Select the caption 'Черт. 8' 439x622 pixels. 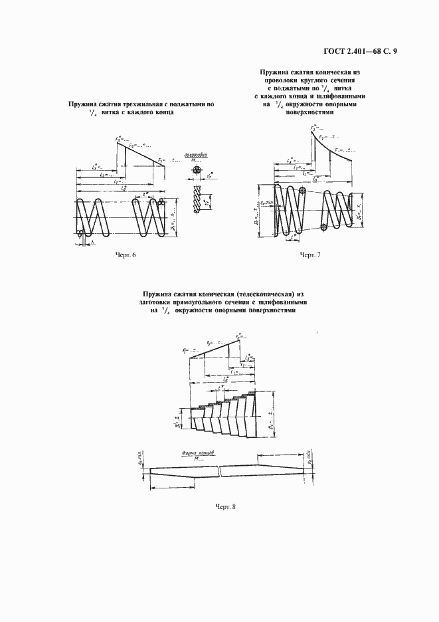[226, 507]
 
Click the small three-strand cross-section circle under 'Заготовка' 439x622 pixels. [197, 171]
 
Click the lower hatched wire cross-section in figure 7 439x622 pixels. [323, 227]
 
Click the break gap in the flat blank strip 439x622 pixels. [220, 471]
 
